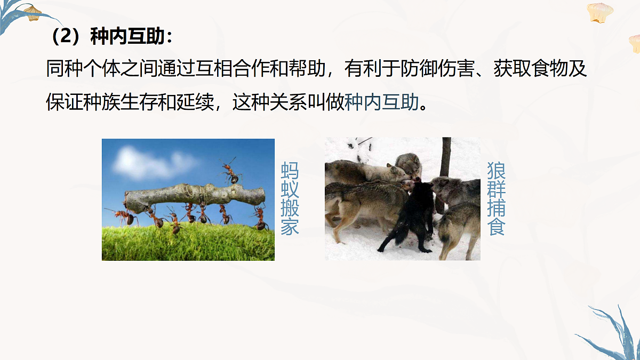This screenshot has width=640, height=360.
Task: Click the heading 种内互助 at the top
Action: pos(131,37)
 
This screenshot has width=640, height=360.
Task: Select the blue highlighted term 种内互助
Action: pos(382,102)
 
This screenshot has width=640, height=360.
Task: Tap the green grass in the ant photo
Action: pos(187,245)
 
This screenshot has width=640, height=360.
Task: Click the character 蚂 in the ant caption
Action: pos(290,171)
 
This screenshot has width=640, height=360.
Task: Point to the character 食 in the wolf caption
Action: pos(496,227)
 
